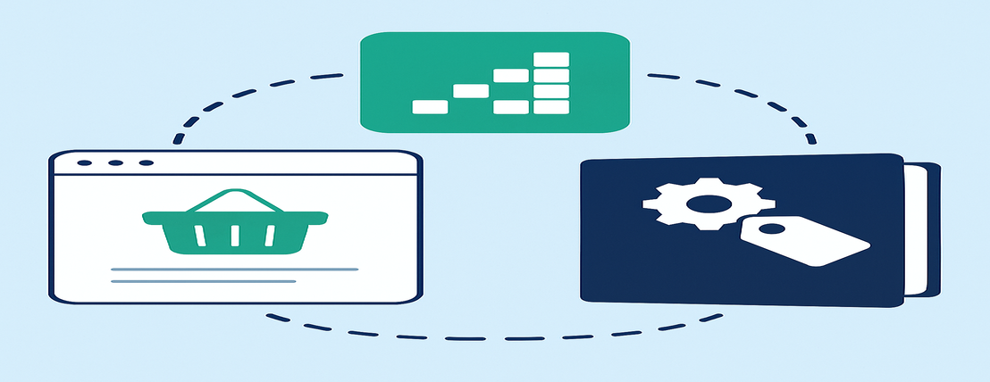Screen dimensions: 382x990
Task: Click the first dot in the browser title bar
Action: click(x=84, y=163)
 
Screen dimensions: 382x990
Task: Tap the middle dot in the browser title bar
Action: click(x=114, y=163)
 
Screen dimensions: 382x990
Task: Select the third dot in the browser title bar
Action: click(x=145, y=163)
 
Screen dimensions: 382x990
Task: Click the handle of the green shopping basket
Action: click(x=234, y=195)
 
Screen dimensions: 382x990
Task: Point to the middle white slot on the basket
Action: click(x=235, y=235)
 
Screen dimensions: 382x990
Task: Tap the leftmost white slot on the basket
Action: click(x=201, y=235)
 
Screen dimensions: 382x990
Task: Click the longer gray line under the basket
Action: click(x=234, y=269)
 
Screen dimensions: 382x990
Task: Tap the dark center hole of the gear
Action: click(x=702, y=204)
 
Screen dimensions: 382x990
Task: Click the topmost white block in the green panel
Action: click(x=550, y=59)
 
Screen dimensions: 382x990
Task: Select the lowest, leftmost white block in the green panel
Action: click(x=430, y=107)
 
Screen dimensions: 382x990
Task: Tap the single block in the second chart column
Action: click(x=471, y=90)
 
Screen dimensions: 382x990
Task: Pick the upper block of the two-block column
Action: click(x=511, y=75)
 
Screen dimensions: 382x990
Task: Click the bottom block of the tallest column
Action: click(x=550, y=107)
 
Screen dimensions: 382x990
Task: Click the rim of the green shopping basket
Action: click(x=234, y=217)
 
